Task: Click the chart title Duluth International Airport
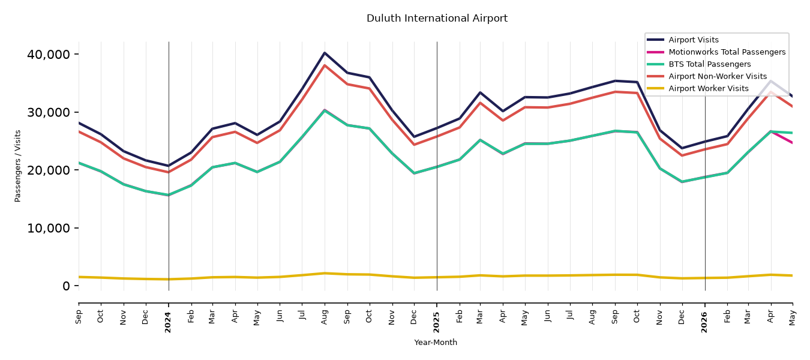tap(437, 18)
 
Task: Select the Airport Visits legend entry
tap(683, 40)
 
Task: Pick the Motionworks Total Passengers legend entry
tap(716, 52)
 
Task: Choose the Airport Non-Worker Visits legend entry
tap(707, 76)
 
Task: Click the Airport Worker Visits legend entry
tap(698, 89)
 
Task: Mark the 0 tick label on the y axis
tap(66, 286)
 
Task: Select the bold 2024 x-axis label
tap(168, 322)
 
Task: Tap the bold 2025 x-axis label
tap(436, 322)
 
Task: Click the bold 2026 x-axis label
tap(704, 322)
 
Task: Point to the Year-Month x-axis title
tap(436, 342)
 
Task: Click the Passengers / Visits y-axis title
tap(17, 166)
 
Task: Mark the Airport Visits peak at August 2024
tap(325, 53)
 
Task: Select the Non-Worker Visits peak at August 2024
tap(325, 65)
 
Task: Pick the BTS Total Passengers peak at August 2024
tap(325, 110)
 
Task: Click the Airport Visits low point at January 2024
tap(169, 166)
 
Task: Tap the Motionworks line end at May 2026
tap(792, 143)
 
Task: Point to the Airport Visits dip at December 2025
tap(683, 148)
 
